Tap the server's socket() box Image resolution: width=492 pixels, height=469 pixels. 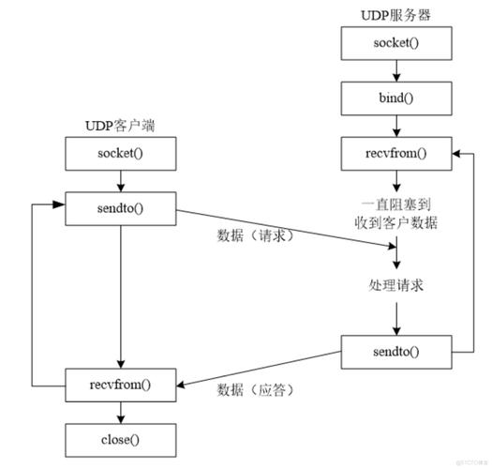pos(396,44)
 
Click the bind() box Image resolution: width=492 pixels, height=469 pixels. pos(396,97)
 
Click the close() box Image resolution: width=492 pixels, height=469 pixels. pos(119,437)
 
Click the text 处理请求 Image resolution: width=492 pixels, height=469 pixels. pos(396,284)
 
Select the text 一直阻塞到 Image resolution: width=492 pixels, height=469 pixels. pos(396,204)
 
